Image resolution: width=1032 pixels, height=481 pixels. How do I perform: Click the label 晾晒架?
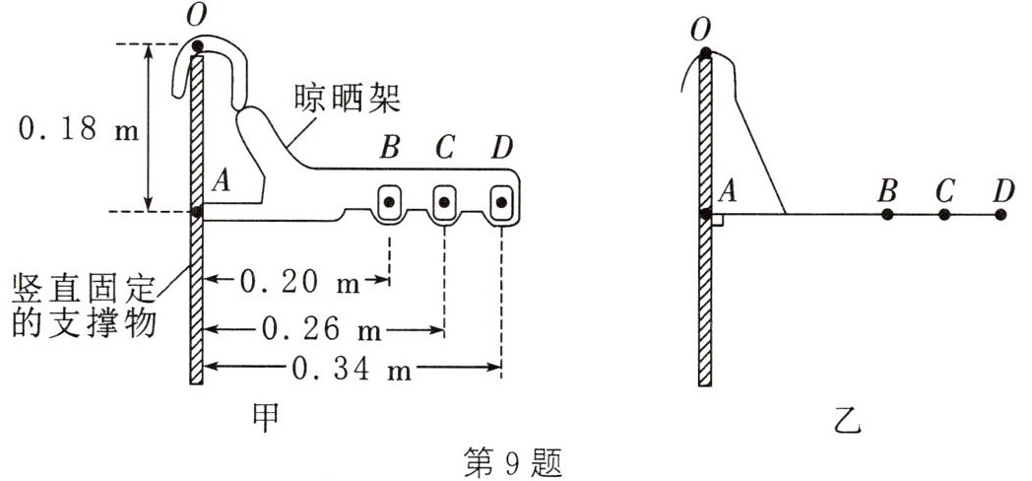[344, 99]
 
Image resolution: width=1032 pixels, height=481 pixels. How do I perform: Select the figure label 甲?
[263, 416]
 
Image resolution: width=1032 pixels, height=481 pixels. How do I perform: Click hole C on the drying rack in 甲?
[445, 203]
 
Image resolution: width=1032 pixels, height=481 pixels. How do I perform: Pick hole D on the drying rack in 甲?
[502, 203]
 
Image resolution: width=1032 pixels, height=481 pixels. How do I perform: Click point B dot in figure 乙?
[887, 213]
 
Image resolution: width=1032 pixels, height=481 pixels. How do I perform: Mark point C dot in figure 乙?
[944, 213]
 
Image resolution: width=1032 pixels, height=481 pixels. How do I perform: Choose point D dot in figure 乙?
[1001, 213]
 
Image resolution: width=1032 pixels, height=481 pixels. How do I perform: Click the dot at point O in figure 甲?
[197, 45]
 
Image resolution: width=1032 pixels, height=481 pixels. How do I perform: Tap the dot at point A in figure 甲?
[197, 211]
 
